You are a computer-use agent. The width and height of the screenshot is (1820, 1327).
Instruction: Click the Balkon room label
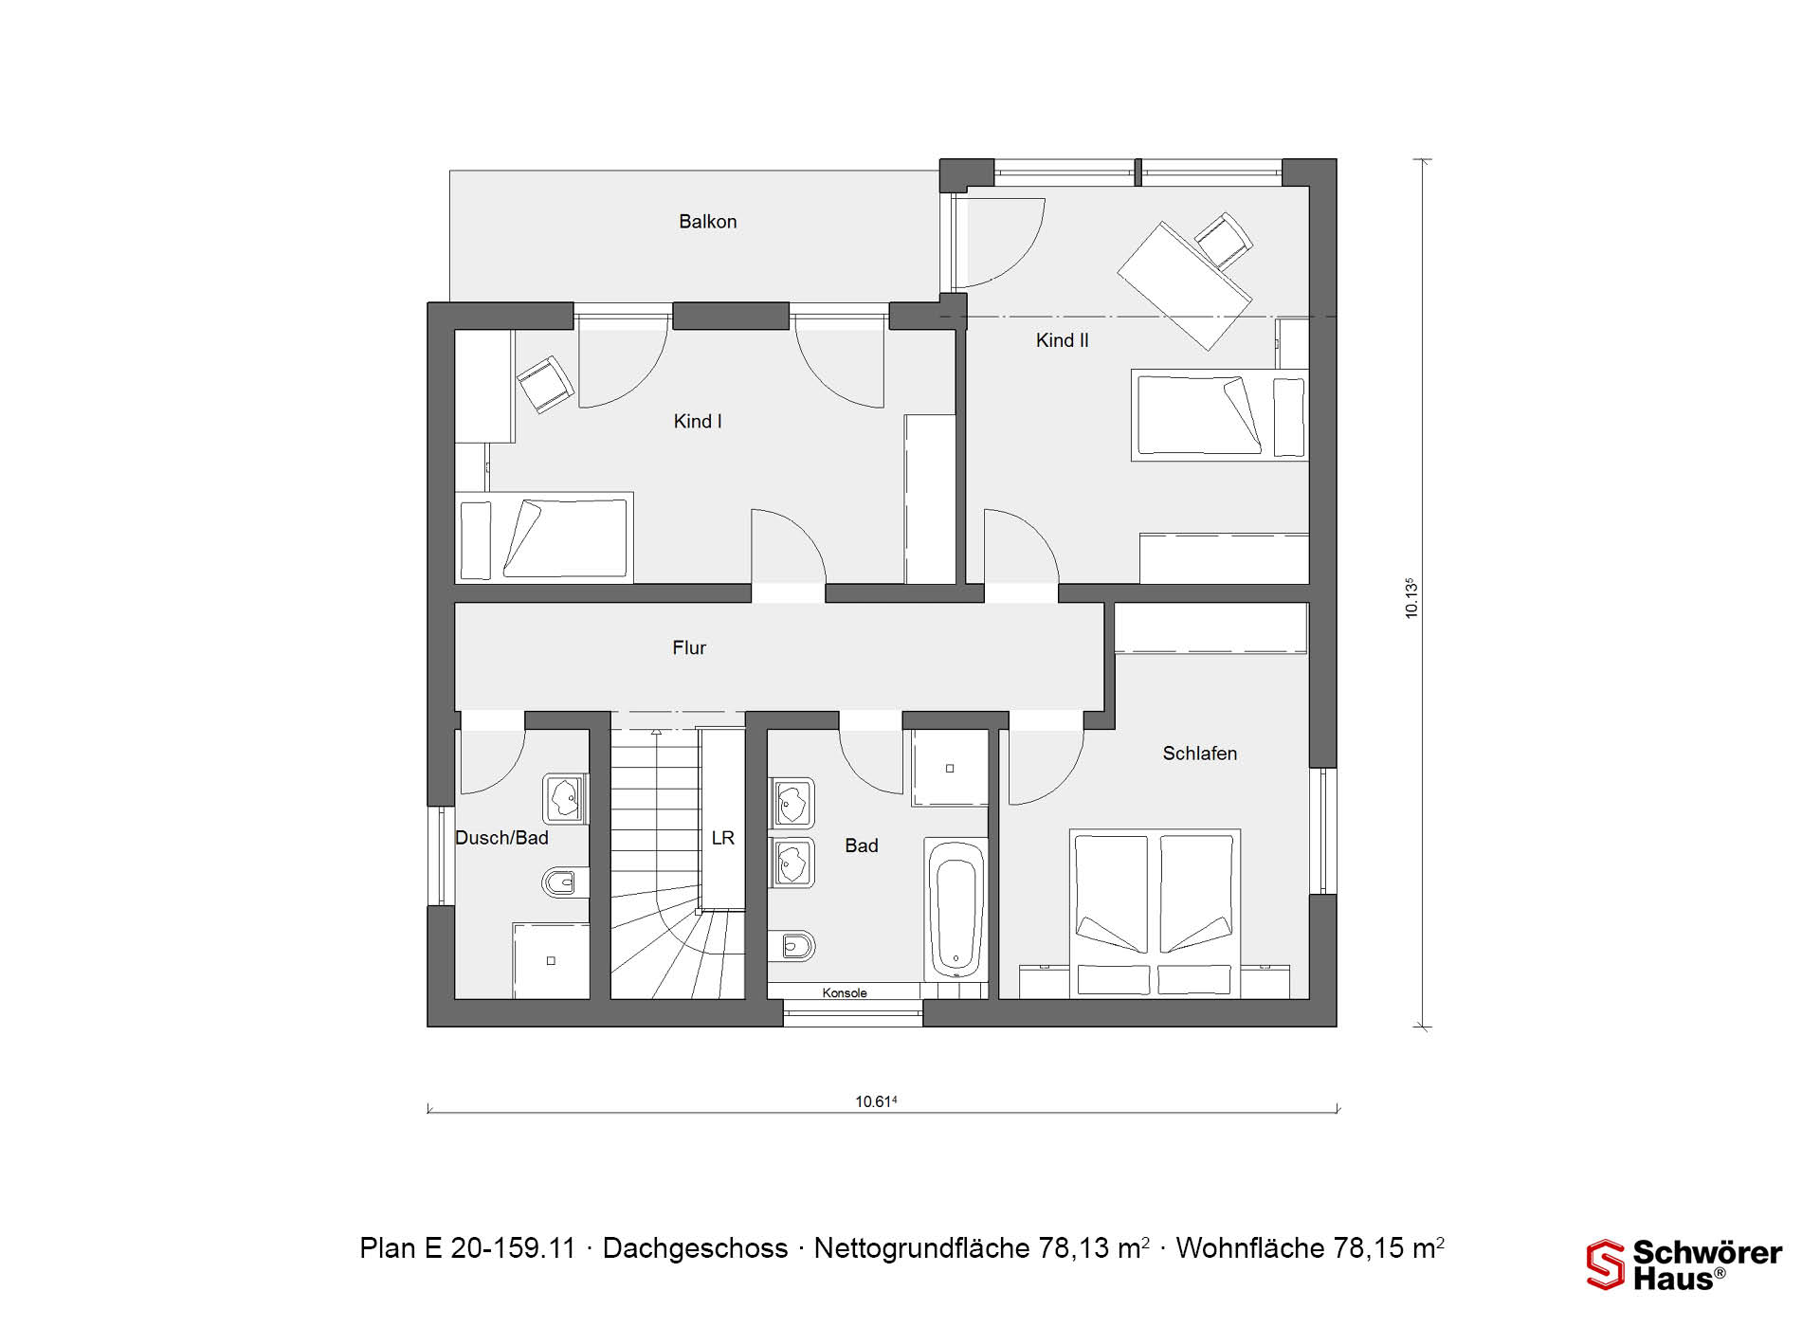tap(707, 222)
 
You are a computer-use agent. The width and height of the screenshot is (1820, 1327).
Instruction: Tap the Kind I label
tap(698, 422)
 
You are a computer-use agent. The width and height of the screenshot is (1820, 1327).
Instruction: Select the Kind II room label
tap(1062, 340)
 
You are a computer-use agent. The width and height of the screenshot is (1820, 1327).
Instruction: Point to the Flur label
tap(689, 647)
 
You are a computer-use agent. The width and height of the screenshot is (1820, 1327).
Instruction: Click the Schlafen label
tap(1199, 754)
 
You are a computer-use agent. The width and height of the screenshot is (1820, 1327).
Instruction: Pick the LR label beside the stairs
tap(722, 838)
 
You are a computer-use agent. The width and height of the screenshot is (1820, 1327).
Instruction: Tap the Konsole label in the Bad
tap(845, 993)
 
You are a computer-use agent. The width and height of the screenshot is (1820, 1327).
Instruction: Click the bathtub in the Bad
tap(955, 910)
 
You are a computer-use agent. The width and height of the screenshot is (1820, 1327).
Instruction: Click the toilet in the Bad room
tap(792, 945)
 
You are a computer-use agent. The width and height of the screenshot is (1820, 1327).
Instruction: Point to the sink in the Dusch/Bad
tap(566, 798)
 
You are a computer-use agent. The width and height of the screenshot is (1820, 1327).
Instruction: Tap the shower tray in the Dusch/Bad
tap(551, 960)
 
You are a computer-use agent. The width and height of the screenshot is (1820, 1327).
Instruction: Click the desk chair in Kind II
tap(1223, 241)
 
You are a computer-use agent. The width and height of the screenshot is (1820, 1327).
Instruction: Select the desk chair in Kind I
tap(545, 384)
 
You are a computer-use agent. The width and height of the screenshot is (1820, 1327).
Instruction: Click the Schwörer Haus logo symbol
tap(1605, 1264)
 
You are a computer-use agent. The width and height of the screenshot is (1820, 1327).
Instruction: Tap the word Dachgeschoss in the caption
tap(695, 1248)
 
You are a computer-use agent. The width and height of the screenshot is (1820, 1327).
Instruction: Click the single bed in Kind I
tap(544, 536)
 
